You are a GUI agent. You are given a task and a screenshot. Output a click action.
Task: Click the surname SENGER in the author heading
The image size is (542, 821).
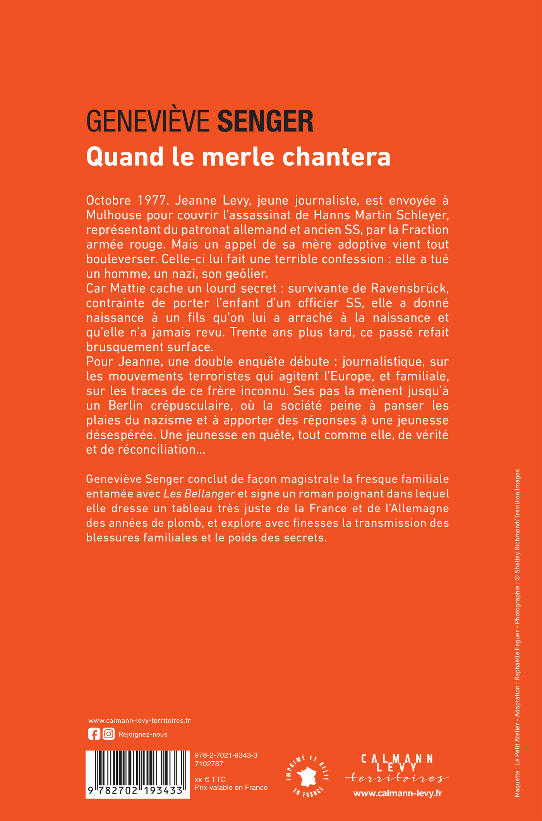coord(266,121)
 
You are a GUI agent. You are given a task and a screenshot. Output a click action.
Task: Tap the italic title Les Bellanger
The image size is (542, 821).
coord(199,494)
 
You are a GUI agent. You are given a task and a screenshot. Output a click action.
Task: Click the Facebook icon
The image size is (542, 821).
coord(94,734)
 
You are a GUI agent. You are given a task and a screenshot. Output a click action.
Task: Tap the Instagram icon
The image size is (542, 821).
coord(109,734)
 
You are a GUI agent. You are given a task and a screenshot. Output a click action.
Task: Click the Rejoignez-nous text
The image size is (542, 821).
coord(143,734)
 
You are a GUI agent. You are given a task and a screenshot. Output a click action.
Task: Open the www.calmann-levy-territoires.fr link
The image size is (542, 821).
coord(139,720)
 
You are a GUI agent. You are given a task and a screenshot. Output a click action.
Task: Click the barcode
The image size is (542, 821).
coord(137,773)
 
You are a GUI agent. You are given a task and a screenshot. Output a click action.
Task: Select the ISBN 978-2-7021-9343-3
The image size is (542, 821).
coord(226,755)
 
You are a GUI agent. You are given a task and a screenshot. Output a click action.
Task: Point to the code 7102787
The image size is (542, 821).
coord(209,764)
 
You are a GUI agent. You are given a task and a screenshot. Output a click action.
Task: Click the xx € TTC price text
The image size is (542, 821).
coord(210,779)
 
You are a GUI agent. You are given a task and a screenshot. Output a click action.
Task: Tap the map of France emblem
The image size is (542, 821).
coord(307,776)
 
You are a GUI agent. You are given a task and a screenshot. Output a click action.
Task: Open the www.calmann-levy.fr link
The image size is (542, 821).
coord(398,793)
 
